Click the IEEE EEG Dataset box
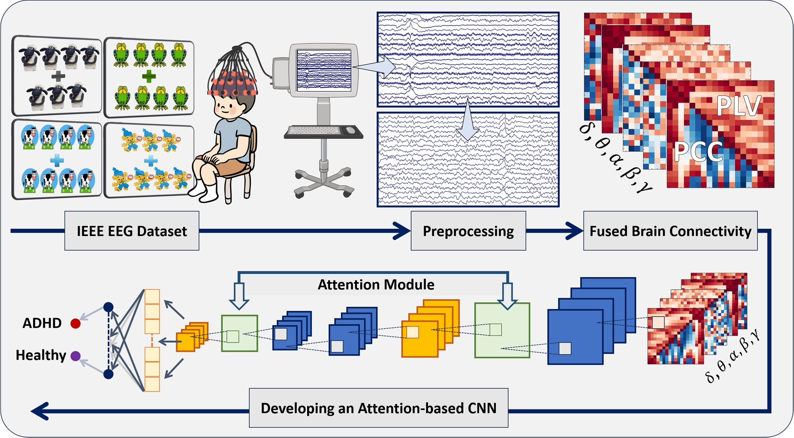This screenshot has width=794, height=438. click(132, 231)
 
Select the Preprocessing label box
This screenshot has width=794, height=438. click(468, 231)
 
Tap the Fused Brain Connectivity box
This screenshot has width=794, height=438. click(670, 231)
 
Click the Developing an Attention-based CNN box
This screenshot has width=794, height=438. click(379, 408)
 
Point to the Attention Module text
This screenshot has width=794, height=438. click(376, 284)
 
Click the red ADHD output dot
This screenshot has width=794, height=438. click(75, 324)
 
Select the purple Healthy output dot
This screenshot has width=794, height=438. click(75, 356)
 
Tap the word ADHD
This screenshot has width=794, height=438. click(42, 323)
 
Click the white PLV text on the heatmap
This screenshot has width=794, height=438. click(738, 105)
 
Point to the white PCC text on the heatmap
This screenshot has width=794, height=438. click(698, 152)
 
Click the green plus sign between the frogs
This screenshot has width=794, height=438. click(148, 76)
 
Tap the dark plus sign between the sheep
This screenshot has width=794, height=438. click(58, 76)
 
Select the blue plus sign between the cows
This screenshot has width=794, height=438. click(57, 160)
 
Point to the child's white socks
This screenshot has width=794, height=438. click(203, 190)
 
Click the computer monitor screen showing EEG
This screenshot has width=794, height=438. click(324, 70)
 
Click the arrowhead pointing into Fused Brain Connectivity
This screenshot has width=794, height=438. click(574, 231)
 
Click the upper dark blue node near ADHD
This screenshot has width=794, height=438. click(109, 307)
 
